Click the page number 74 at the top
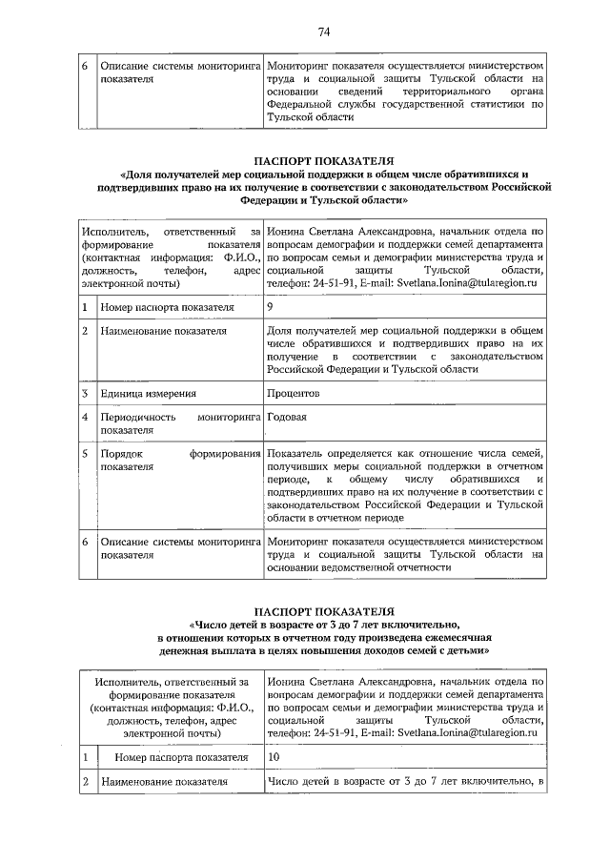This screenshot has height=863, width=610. click(324, 32)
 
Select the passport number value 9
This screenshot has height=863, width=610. click(272, 307)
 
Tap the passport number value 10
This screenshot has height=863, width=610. click(274, 756)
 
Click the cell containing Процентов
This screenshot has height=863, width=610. click(294, 393)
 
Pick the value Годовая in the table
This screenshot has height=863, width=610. click(289, 417)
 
